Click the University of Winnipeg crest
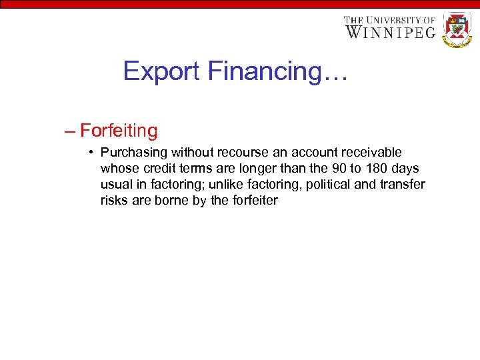(x=457, y=29)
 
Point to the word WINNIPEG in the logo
(x=390, y=32)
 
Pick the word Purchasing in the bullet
(x=130, y=153)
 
